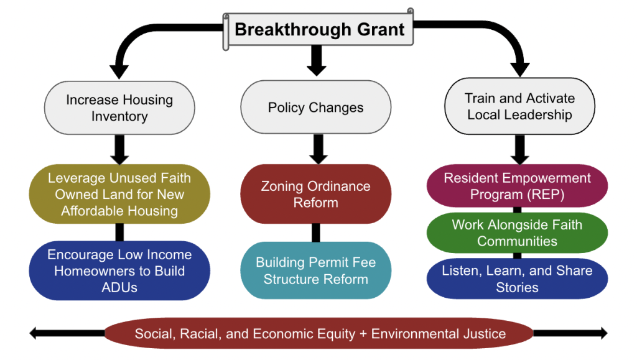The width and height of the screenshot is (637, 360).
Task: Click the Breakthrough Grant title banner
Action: tap(319, 30)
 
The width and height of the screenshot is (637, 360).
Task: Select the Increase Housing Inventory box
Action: tap(119, 108)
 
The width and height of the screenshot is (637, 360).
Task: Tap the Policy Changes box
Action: tap(315, 108)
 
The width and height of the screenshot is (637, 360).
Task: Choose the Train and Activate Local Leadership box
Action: tap(519, 106)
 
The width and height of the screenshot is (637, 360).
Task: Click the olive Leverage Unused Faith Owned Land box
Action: tap(119, 194)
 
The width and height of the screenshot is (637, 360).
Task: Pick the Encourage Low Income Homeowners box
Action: tap(119, 271)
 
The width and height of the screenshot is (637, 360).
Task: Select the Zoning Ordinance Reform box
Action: tap(315, 194)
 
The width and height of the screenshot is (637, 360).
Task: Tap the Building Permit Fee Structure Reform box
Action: tap(315, 271)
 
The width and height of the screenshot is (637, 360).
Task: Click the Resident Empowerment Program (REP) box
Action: tap(517, 186)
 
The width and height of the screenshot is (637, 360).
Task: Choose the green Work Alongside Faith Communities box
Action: tap(517, 233)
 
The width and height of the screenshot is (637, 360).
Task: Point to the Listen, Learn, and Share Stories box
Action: tap(517, 279)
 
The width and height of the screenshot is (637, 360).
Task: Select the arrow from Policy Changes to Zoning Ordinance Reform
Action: tap(316, 149)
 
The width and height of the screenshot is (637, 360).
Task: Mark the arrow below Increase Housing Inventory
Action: tap(120, 149)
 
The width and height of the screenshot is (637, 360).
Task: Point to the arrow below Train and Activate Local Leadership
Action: tap(520, 150)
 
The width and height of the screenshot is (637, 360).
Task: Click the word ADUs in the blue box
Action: tap(120, 287)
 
